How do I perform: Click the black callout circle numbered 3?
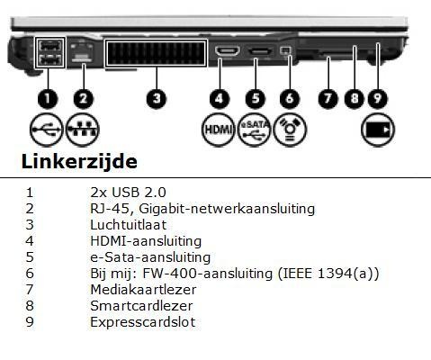point(156,98)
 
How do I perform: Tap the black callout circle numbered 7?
point(328,98)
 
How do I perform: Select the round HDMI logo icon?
point(218,130)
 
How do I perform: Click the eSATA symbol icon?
point(255,130)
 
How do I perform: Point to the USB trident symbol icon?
point(46,130)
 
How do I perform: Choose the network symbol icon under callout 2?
point(82,130)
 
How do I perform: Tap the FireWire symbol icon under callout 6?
point(290,130)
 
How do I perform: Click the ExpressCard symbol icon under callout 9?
point(378,130)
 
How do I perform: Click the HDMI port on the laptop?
point(228,50)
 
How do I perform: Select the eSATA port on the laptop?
point(261,51)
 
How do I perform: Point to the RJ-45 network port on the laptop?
point(82,51)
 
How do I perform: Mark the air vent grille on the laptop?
point(156,53)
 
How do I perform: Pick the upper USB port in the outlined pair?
point(49,46)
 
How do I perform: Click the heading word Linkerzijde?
point(79,161)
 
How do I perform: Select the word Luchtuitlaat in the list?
point(129,225)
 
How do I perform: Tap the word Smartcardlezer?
point(141,306)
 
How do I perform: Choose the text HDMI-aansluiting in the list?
point(146,241)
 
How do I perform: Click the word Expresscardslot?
point(143,322)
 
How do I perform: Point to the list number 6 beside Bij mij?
point(30,274)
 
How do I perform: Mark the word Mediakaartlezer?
point(143,290)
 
